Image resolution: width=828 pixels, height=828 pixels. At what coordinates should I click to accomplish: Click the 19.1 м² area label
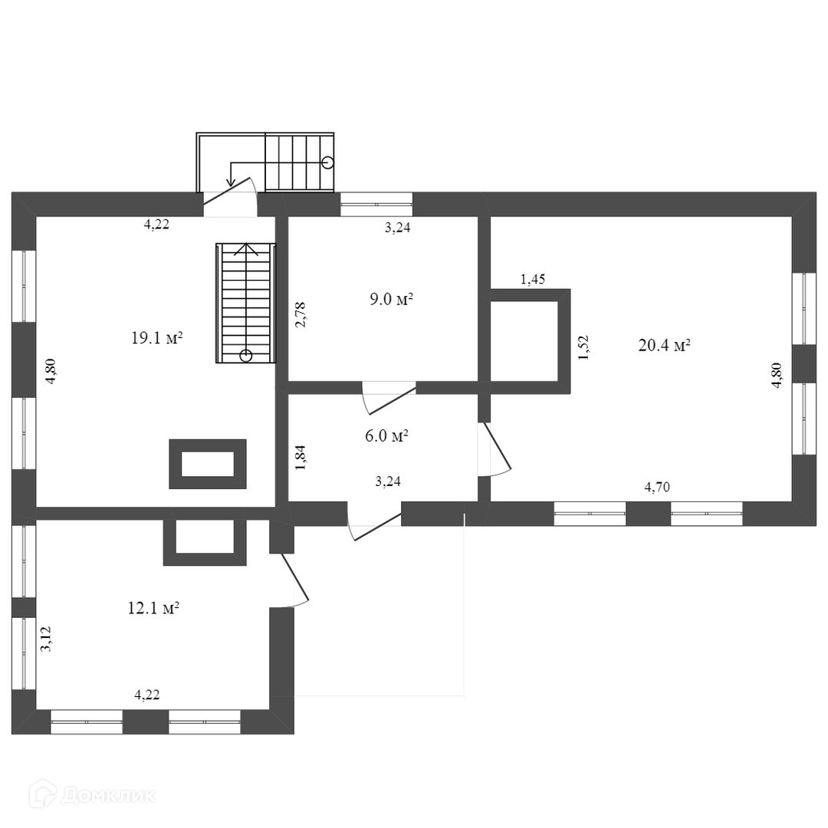tap(156, 338)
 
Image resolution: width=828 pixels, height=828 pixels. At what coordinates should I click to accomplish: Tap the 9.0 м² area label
tap(391, 299)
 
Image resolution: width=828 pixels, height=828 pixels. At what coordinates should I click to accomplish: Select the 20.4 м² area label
tap(664, 345)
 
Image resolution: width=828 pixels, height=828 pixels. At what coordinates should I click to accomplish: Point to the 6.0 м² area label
tap(386, 436)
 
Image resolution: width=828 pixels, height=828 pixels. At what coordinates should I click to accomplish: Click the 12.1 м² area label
tap(153, 609)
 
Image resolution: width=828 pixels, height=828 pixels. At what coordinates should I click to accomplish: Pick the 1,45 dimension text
tap(533, 279)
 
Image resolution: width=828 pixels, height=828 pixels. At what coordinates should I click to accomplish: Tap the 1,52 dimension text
tap(584, 347)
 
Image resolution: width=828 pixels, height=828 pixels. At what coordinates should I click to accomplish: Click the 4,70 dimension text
tap(658, 486)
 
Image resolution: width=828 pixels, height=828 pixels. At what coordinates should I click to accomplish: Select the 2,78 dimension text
tap(301, 315)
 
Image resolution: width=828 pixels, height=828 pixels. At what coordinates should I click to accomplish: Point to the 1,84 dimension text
tap(301, 457)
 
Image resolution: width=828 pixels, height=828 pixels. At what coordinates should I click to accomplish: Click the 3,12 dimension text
tap(46, 639)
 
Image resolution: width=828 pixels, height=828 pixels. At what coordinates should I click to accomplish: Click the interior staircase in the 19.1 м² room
tap(245, 303)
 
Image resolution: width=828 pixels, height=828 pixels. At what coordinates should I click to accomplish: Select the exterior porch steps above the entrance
tap(300, 162)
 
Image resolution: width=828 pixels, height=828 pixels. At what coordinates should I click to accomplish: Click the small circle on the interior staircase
tap(245, 355)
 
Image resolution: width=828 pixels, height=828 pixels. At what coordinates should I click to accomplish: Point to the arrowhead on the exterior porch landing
tap(231, 181)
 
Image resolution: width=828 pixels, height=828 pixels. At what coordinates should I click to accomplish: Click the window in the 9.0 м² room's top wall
tap(376, 204)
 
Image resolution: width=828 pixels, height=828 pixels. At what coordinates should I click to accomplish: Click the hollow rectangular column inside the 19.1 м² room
tap(208, 464)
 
